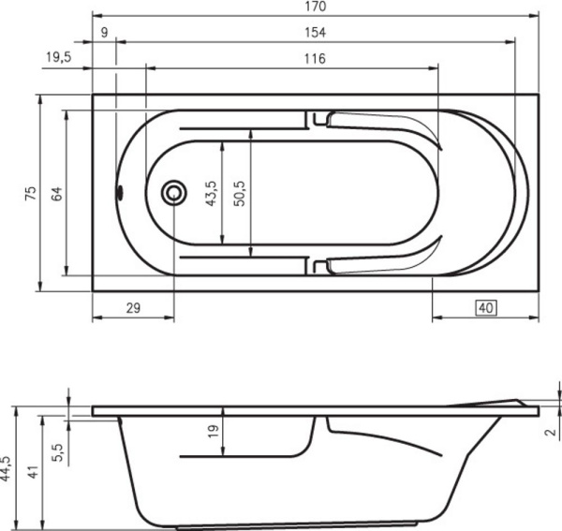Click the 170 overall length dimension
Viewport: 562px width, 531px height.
click(x=316, y=7)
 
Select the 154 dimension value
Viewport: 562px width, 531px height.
click(x=316, y=33)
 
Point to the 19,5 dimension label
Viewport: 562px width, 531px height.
click(x=58, y=58)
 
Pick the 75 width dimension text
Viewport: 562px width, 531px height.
click(x=30, y=193)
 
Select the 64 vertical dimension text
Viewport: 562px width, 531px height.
click(x=56, y=193)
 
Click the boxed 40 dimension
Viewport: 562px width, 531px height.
click(x=485, y=307)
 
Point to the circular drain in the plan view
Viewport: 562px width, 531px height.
click(x=173, y=193)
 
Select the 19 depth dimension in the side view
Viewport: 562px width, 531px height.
click(x=213, y=432)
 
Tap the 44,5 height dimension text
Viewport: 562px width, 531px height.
click(x=7, y=467)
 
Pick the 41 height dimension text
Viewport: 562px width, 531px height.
click(x=34, y=473)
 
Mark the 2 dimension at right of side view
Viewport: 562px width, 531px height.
click(x=550, y=432)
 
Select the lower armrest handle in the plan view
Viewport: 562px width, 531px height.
click(x=384, y=265)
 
